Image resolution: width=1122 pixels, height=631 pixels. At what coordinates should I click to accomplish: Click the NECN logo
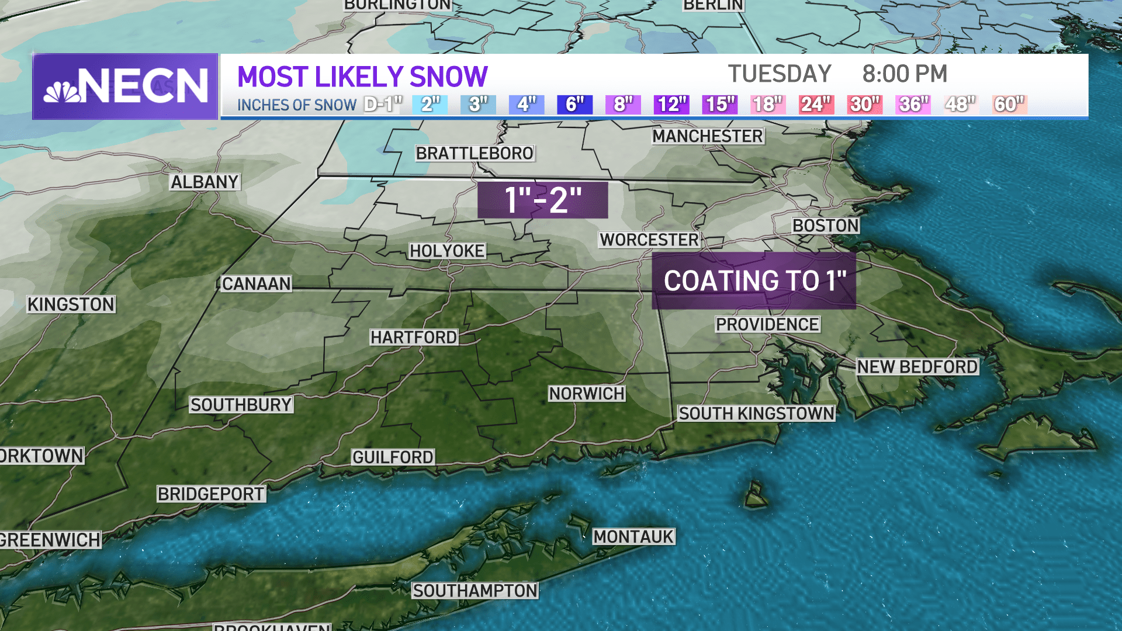(125, 86)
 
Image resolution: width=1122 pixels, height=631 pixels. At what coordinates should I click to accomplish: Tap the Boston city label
(825, 226)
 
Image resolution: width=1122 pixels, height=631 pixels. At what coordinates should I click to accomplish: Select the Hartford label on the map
(414, 337)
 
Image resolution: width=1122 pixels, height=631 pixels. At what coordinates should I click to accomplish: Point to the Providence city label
(767, 324)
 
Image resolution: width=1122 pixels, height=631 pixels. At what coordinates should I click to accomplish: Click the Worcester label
(649, 240)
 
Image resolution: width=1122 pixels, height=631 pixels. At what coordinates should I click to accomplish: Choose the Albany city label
(205, 182)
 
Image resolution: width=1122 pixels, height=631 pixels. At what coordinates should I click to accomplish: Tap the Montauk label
(633, 536)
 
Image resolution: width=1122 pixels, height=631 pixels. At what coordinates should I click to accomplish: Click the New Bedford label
(917, 366)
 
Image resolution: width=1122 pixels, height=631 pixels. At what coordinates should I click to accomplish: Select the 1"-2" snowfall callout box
(542, 200)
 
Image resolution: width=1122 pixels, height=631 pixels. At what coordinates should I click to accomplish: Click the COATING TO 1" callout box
(753, 281)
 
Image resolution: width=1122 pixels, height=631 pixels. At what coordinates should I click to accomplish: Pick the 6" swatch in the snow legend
(574, 105)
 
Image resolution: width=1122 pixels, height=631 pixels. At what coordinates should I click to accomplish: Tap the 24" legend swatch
(816, 105)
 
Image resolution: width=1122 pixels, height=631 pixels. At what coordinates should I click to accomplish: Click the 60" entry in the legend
(1009, 105)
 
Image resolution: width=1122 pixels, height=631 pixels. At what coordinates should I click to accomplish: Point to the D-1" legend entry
(383, 105)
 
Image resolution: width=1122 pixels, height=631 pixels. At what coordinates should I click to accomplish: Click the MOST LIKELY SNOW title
(362, 77)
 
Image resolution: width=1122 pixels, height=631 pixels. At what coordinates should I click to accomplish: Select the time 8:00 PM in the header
(904, 74)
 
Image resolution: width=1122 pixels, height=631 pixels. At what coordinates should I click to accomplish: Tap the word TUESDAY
(780, 74)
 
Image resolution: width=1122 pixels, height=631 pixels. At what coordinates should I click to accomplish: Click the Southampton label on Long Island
(475, 591)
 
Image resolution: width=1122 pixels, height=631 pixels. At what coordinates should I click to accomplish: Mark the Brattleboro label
(475, 153)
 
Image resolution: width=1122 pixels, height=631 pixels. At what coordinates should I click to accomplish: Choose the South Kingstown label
(756, 413)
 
